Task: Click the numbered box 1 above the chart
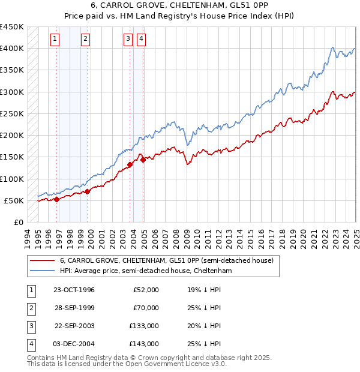click(x=55, y=39)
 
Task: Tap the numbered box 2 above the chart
click(x=86, y=39)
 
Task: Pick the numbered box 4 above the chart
click(x=141, y=39)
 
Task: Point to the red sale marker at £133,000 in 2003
click(x=130, y=164)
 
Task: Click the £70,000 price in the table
click(x=146, y=308)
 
